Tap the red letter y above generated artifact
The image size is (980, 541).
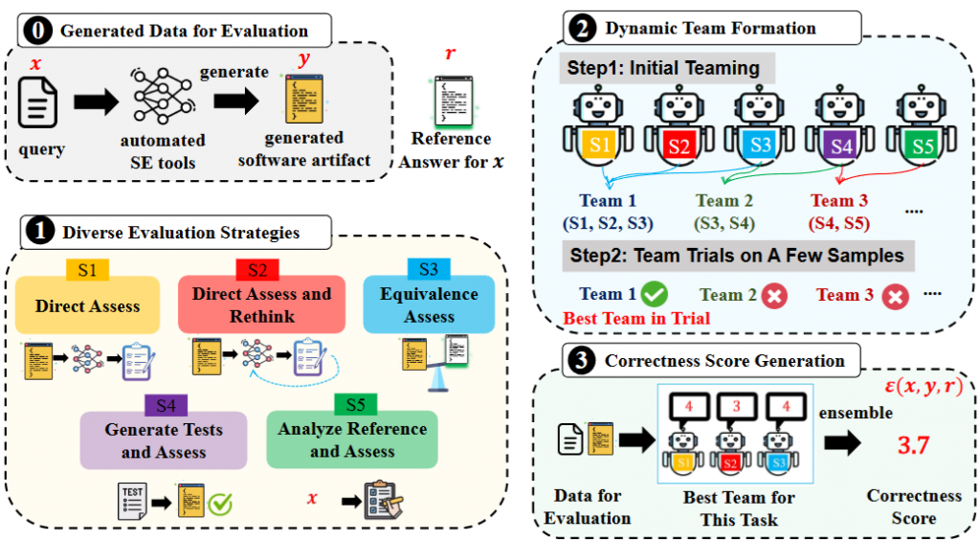pyautogui.click(x=304, y=59)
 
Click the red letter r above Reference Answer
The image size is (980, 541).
pyautogui.click(x=451, y=54)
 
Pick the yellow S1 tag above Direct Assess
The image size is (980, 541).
pyautogui.click(x=87, y=271)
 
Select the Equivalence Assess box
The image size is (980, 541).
pyautogui.click(x=428, y=304)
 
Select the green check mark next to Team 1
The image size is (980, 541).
pyautogui.click(x=656, y=294)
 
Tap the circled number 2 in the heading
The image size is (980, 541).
pyautogui.click(x=581, y=28)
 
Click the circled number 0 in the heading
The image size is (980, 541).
pyautogui.click(x=37, y=31)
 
